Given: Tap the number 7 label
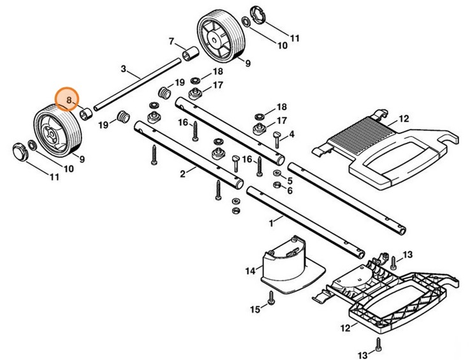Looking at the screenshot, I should pyautogui.click(x=171, y=41).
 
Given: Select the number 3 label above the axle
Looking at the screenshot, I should pyautogui.click(x=123, y=68).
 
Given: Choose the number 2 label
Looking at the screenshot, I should pyautogui.click(x=182, y=173).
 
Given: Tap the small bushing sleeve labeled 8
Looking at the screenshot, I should pyautogui.click(x=85, y=115).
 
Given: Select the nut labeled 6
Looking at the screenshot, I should pyautogui.click(x=278, y=185).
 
